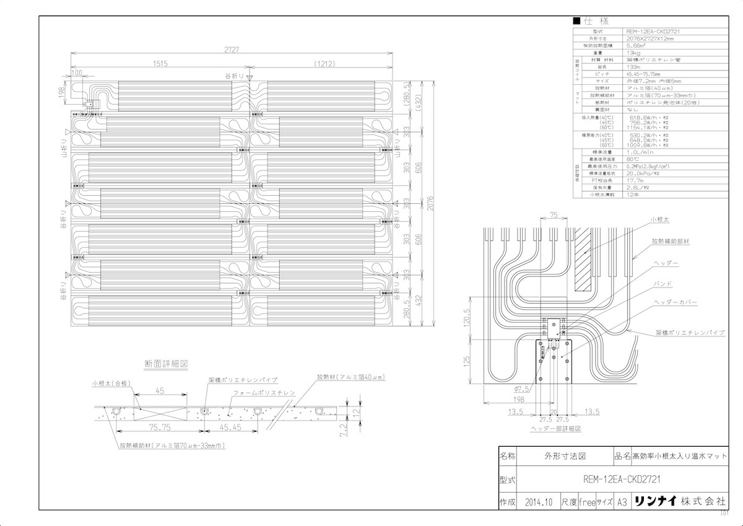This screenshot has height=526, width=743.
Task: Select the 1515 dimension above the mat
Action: (x=160, y=63)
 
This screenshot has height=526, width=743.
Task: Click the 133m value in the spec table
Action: (x=633, y=67)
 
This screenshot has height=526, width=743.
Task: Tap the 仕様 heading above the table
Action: (x=596, y=22)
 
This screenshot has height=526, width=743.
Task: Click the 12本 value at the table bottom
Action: (x=633, y=195)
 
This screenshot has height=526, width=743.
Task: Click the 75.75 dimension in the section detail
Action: (x=160, y=427)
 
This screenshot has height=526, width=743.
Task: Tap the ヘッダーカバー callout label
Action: (x=676, y=302)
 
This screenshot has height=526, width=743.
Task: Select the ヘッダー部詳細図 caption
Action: (x=555, y=428)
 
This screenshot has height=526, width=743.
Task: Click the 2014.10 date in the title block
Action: (x=537, y=502)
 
